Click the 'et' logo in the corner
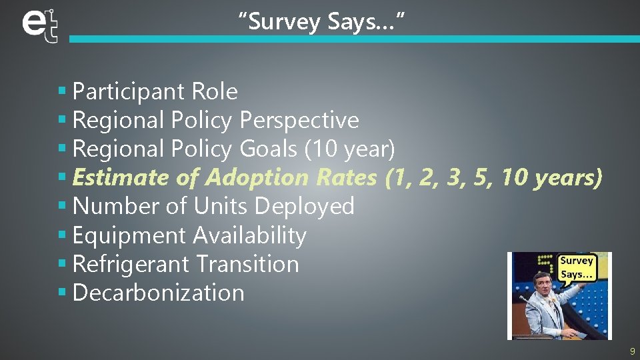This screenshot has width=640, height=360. coord(39,25)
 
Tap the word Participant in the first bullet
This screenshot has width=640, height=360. coord(128,91)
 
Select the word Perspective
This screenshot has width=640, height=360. coord(299,120)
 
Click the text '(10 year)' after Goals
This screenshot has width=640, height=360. coord(349,149)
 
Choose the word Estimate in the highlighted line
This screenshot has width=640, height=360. coord(121,177)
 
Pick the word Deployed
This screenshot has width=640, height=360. coord(305,206)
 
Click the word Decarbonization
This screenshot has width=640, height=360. coord(159,293)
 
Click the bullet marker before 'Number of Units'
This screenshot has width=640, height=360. coord(62,207)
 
